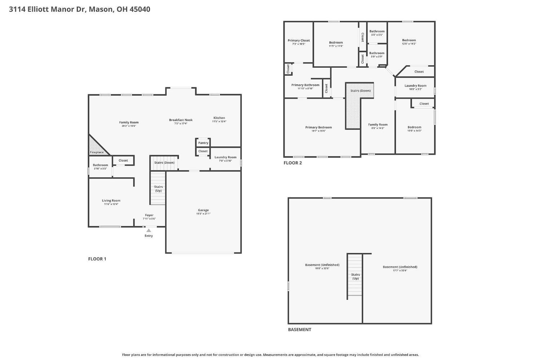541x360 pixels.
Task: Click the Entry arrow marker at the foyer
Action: point(149,230)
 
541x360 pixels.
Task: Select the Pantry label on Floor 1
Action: point(203,143)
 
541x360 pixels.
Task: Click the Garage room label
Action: point(203,210)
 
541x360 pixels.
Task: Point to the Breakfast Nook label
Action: point(181,120)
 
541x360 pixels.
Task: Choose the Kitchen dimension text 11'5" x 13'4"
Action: point(219,121)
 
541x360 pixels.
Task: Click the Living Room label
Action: point(111,201)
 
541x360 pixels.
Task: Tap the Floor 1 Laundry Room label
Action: point(225,157)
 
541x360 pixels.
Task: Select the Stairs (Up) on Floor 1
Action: point(158,188)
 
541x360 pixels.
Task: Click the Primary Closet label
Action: point(299,40)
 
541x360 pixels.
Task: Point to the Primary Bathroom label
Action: point(305,85)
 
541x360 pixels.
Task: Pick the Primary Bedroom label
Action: point(318,127)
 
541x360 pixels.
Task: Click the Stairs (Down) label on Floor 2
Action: point(360,90)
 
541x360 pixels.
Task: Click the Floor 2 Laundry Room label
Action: point(415,86)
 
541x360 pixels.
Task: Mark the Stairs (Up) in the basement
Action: point(355,276)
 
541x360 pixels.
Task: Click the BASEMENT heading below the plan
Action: point(299,329)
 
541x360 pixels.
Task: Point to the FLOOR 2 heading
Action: point(293,163)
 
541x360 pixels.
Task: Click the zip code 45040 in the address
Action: point(140,9)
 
